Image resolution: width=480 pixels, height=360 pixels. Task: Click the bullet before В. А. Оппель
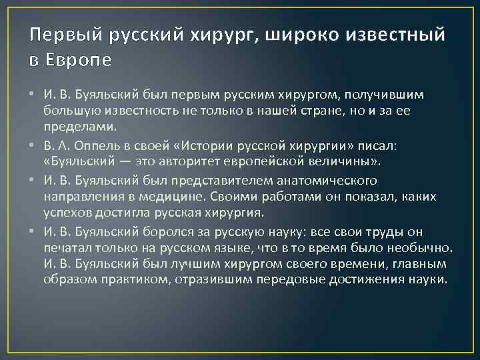(x=33, y=145)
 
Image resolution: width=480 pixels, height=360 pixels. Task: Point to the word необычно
(x=421, y=248)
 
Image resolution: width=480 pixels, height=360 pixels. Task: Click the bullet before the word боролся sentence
(x=33, y=232)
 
